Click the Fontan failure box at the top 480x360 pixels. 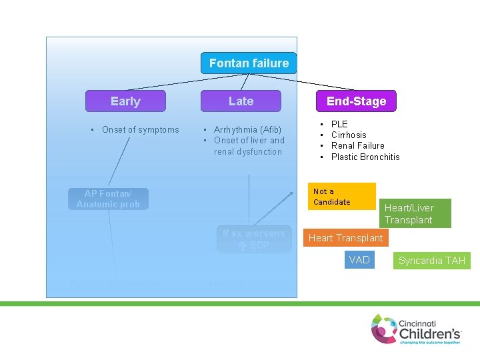tap(249, 63)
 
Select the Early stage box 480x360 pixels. tap(125, 101)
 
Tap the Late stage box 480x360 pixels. tap(241, 101)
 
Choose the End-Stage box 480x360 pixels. tap(356, 101)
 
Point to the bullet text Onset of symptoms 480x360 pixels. tap(140, 129)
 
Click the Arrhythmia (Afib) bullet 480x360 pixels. tap(247, 129)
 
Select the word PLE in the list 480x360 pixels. tap(339, 124)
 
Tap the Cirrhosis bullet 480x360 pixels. tap(349, 135)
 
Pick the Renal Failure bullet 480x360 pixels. tap(357, 145)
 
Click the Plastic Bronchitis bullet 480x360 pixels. tap(365, 157)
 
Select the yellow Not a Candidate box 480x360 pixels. tap(342, 196)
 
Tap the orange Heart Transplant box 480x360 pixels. tap(345, 238)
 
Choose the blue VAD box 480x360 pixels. tap(359, 260)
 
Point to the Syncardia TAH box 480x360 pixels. tap(431, 260)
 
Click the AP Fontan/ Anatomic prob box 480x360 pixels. tap(108, 199)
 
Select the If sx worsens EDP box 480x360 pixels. tap(254, 239)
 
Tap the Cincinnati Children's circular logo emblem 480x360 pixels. tap(384, 329)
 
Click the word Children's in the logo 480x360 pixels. tap(430, 331)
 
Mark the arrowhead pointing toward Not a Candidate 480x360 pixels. tap(291, 194)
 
